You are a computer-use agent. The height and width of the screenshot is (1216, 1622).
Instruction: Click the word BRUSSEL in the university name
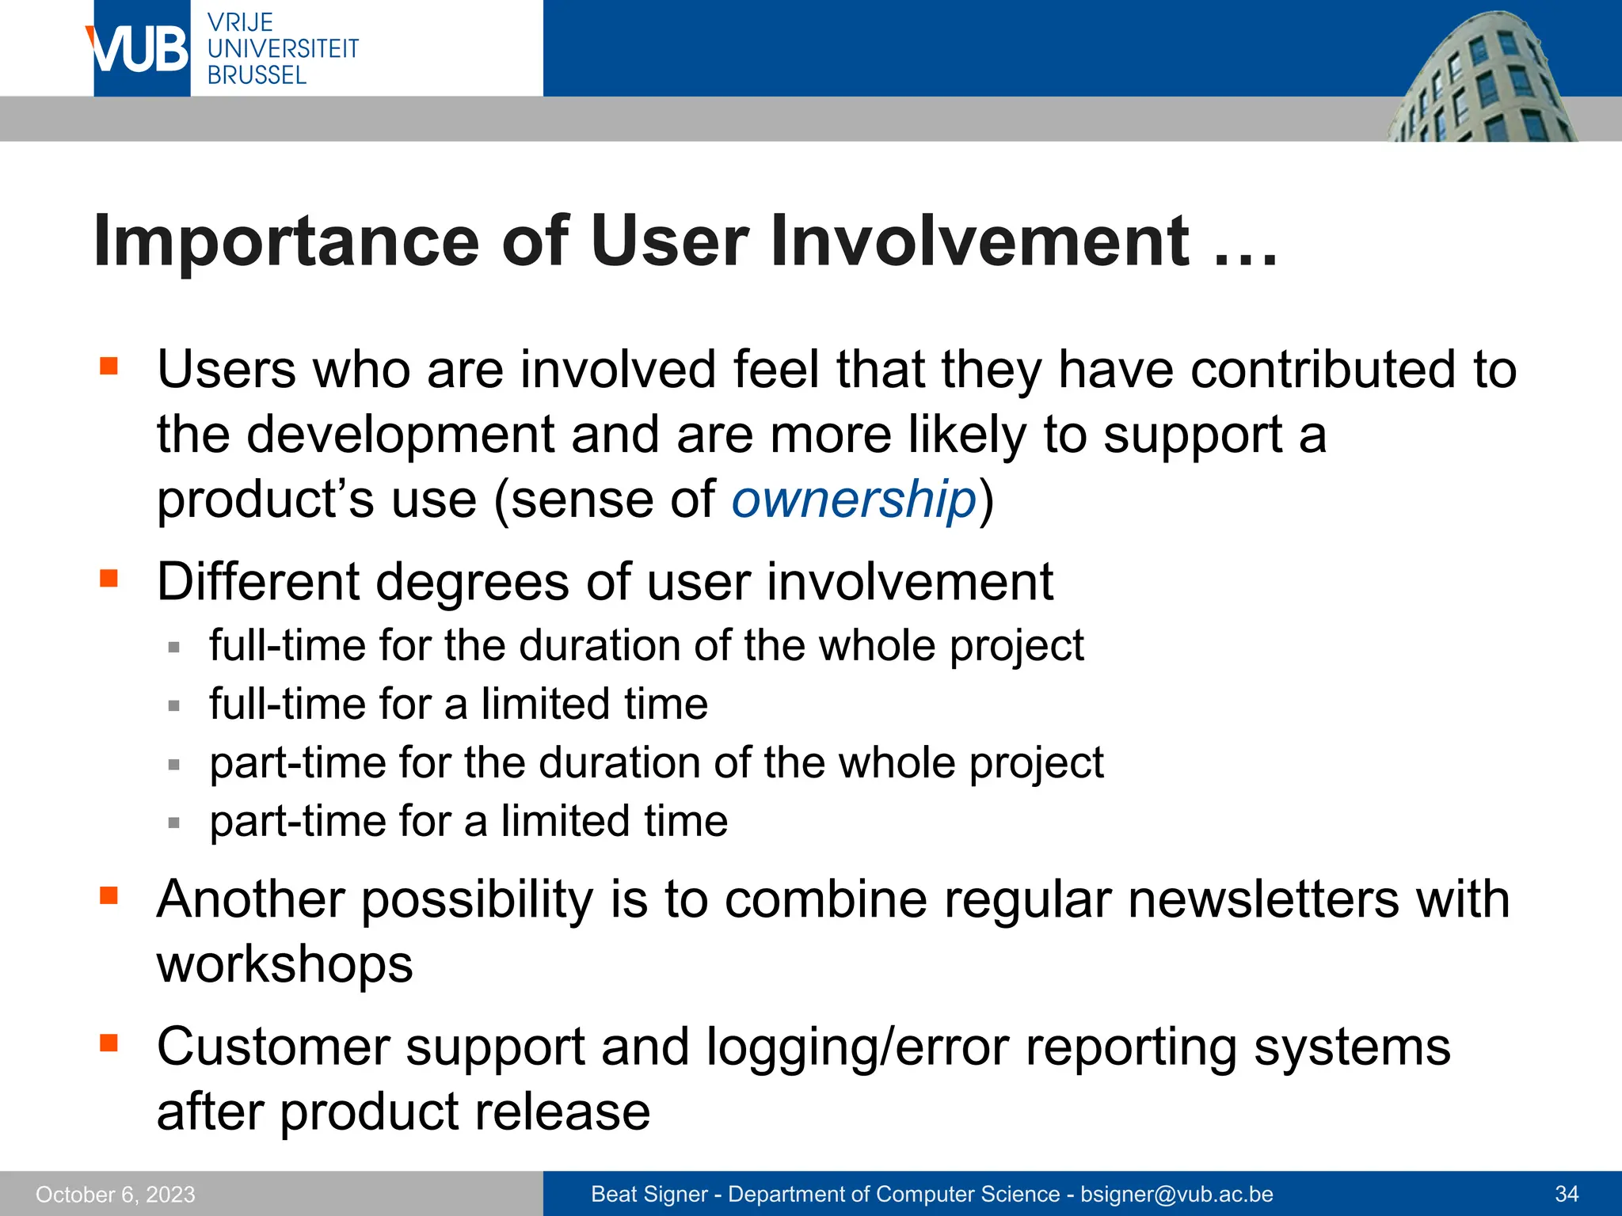(257, 76)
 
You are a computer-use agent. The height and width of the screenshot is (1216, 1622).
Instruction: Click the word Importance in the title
(286, 241)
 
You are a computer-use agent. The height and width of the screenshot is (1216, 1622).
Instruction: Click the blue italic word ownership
(854, 500)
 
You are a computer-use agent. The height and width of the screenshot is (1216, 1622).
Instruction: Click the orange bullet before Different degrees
(109, 579)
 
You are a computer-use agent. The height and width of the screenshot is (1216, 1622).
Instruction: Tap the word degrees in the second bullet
(471, 582)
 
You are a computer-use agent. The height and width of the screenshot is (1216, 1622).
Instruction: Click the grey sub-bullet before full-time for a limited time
(174, 705)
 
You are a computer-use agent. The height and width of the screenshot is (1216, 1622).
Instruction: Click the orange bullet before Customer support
(109, 1043)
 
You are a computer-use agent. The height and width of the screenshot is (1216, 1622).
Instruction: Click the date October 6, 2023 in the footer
(116, 1195)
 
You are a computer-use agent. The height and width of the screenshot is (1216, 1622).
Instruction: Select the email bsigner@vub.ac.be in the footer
(1177, 1195)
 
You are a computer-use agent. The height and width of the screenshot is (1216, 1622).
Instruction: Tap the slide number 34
(1567, 1195)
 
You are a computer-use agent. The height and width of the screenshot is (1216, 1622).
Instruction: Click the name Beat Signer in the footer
(649, 1195)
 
